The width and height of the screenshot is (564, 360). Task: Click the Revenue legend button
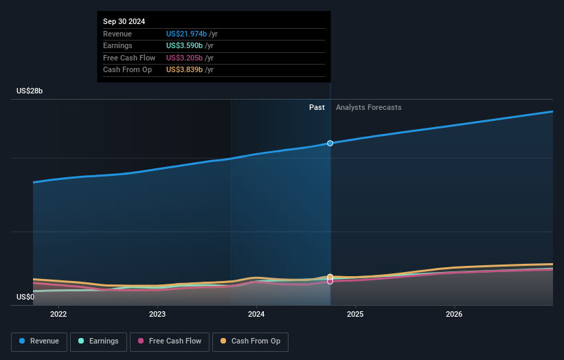(x=39, y=341)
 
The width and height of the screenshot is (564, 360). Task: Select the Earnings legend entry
(x=98, y=341)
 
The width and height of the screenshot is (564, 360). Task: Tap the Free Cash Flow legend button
(x=170, y=341)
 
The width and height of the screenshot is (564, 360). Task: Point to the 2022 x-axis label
(x=58, y=315)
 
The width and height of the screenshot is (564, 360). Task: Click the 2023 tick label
(x=157, y=315)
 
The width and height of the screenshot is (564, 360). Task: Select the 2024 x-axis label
(x=256, y=315)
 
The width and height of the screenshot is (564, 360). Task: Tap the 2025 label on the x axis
(x=355, y=315)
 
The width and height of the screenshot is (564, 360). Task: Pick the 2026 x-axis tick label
(x=454, y=315)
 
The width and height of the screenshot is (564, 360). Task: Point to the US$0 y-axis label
(x=25, y=297)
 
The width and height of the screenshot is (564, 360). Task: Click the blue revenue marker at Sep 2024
(x=330, y=143)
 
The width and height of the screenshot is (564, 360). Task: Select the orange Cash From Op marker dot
(x=330, y=276)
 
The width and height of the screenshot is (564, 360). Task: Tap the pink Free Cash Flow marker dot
(x=330, y=281)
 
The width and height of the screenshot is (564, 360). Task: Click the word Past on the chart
(x=317, y=107)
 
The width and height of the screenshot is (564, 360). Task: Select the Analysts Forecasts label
(x=368, y=107)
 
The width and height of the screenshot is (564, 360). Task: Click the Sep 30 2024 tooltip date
(x=124, y=22)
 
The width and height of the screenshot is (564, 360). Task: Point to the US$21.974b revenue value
(x=186, y=34)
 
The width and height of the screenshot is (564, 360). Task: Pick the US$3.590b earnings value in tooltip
(x=184, y=46)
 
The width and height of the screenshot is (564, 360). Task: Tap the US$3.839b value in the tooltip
(x=184, y=70)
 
